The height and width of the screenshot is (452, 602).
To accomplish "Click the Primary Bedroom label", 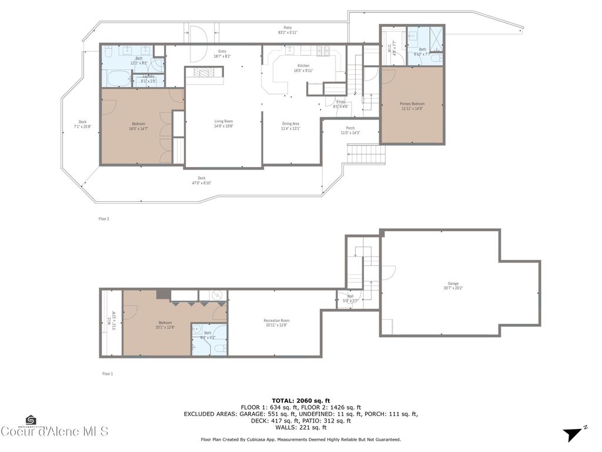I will point(412,104).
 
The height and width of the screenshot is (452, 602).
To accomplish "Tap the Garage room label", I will point(451,284).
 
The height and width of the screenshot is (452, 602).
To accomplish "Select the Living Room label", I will point(223,121).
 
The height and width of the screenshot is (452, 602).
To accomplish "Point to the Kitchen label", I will point(303,65).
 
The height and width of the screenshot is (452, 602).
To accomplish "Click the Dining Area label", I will point(290,124).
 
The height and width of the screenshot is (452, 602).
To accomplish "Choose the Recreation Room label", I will point(276,321).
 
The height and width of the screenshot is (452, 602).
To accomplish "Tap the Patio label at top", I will point(287,27).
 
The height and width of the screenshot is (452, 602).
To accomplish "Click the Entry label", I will point(222,51).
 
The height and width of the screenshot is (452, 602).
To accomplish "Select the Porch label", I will point(350,128).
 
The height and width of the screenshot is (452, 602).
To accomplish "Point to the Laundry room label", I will point(148,77).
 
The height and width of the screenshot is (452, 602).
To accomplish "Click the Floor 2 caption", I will point(103,218).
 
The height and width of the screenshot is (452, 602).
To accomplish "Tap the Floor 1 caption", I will point(108,373).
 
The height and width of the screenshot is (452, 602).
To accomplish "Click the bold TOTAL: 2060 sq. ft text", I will point(300,400).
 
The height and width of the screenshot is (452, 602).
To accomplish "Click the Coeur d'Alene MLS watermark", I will point(54,431).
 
